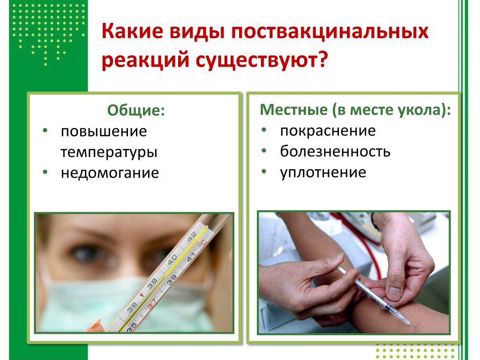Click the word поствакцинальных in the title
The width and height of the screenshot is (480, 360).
pos(330,31)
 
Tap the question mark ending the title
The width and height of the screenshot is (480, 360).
pos(323,59)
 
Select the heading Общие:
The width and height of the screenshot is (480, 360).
pos(136,110)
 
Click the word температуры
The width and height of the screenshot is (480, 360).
pos(109,152)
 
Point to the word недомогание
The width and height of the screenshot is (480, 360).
pos(110,173)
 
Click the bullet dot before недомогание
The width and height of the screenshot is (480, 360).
pos(45,172)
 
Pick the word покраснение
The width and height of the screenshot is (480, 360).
pos(328,131)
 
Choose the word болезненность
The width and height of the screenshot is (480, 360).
pos(335,151)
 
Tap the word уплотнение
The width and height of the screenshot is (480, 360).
pos(323,172)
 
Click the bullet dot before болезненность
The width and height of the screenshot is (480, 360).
pos(264,150)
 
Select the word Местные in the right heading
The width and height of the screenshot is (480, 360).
pos(293,110)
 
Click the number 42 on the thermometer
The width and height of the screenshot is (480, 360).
pos(192,236)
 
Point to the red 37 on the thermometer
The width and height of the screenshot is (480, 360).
pos(151,303)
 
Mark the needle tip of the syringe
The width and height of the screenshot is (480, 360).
pos(415,327)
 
